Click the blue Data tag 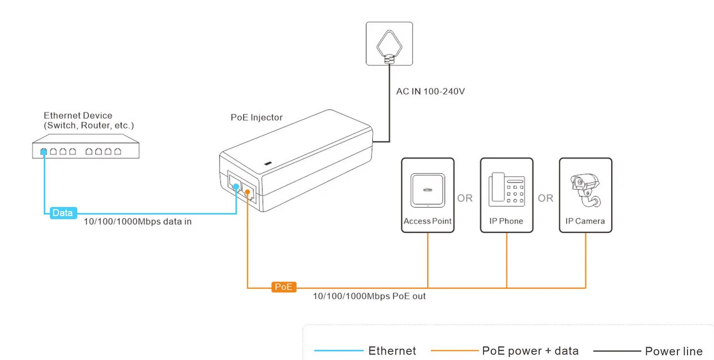(63, 213)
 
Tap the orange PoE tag (284, 287)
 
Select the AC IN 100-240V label (430, 92)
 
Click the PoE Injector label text (257, 117)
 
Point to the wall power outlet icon (389, 44)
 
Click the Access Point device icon (428, 190)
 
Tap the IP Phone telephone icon (507, 189)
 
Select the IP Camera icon (585, 191)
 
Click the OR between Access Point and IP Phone (465, 198)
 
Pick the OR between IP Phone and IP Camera (545, 198)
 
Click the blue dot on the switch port (44, 152)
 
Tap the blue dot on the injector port (236, 187)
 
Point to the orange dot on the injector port (247, 192)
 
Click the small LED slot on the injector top (268, 163)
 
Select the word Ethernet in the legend (392, 351)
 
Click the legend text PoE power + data (530, 351)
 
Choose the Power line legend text (674, 351)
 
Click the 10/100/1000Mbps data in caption (138, 222)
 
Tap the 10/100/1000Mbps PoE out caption (369, 296)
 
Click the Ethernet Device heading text (78, 115)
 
